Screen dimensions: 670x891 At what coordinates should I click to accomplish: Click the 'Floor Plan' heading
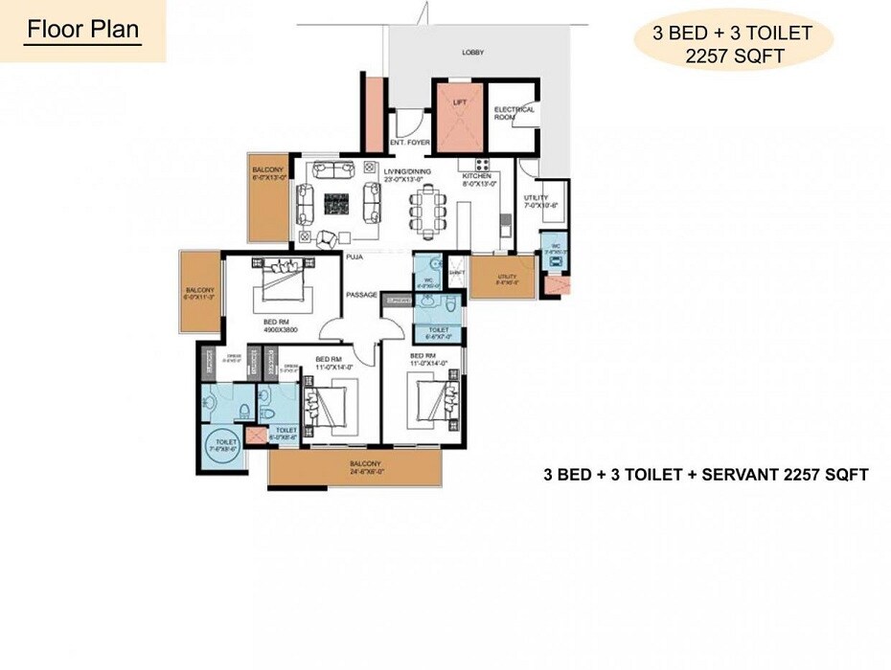click(x=82, y=29)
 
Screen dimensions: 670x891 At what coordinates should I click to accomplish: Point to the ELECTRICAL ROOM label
click(x=514, y=113)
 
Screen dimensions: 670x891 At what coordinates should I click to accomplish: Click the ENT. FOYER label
click(x=409, y=143)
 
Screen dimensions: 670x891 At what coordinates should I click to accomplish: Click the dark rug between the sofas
click(x=335, y=204)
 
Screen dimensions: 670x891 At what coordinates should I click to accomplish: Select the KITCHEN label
click(x=476, y=176)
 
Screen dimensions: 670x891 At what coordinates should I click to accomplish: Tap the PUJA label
click(x=353, y=257)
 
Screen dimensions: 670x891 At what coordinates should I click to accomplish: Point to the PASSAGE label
click(x=362, y=295)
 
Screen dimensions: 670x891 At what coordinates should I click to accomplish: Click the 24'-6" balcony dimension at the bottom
click(x=364, y=472)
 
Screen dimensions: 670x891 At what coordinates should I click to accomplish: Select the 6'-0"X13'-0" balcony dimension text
click(x=268, y=177)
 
